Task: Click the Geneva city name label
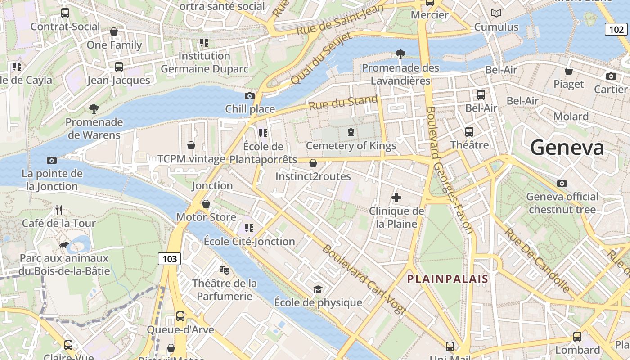pyautogui.click(x=567, y=148)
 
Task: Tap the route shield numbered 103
pyautogui.click(x=169, y=259)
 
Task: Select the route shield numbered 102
pyautogui.click(x=615, y=30)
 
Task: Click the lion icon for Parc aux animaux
pyautogui.click(x=64, y=245)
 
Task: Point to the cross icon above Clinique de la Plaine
pyautogui.click(x=396, y=198)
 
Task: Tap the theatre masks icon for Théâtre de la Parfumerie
pyautogui.click(x=224, y=270)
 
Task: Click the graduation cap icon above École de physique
pyautogui.click(x=318, y=289)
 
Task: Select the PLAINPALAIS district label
pyautogui.click(x=447, y=279)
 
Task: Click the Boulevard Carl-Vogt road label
pyautogui.click(x=364, y=279)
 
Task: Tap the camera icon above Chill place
pyautogui.click(x=249, y=96)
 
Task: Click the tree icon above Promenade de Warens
pyautogui.click(x=94, y=108)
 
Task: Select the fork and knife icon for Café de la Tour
pyautogui.click(x=59, y=210)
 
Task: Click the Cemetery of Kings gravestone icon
pyautogui.click(x=351, y=132)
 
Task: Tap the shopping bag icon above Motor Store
pyautogui.click(x=206, y=204)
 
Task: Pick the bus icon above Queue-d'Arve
pyautogui.click(x=180, y=316)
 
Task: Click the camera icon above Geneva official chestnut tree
pyautogui.click(x=562, y=183)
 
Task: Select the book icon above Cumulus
pyautogui.click(x=496, y=13)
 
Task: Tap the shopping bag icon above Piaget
pyautogui.click(x=569, y=71)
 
